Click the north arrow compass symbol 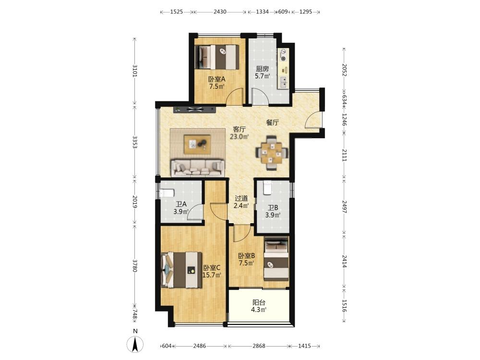point(135,344)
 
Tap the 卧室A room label point(217,79)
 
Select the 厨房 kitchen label point(263,69)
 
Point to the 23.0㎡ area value point(240,136)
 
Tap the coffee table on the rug point(197,144)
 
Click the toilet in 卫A point(167,193)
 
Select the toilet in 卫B point(267,188)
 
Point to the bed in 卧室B point(276,259)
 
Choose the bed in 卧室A point(217,57)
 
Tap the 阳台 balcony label point(259,302)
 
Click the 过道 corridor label point(241,198)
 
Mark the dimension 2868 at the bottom point(259,346)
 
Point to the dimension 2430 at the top point(220,12)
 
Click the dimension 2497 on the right point(344,207)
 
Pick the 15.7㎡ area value point(212,275)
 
